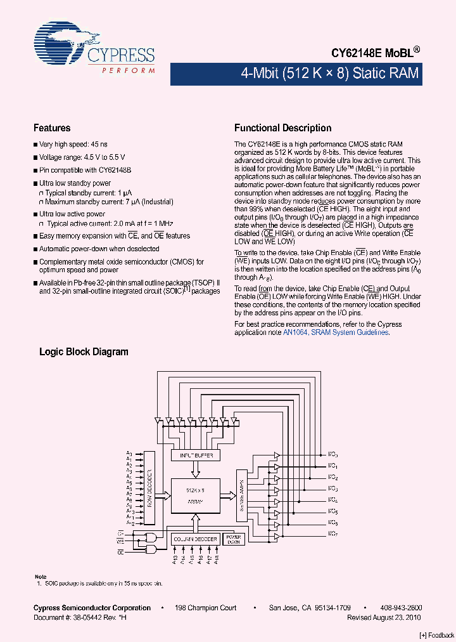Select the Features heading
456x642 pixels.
coord(52,128)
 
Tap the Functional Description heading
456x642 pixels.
coord(282,128)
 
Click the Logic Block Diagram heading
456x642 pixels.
coord(84,351)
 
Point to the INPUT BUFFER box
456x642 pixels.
coord(196,455)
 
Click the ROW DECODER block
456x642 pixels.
coord(149,488)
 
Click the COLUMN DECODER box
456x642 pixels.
coord(196,539)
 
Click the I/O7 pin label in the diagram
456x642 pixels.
coord(332,534)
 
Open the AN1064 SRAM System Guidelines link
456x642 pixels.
coord(336,332)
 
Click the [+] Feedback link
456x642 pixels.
coord(436,635)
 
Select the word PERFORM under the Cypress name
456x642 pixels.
coord(129,70)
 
